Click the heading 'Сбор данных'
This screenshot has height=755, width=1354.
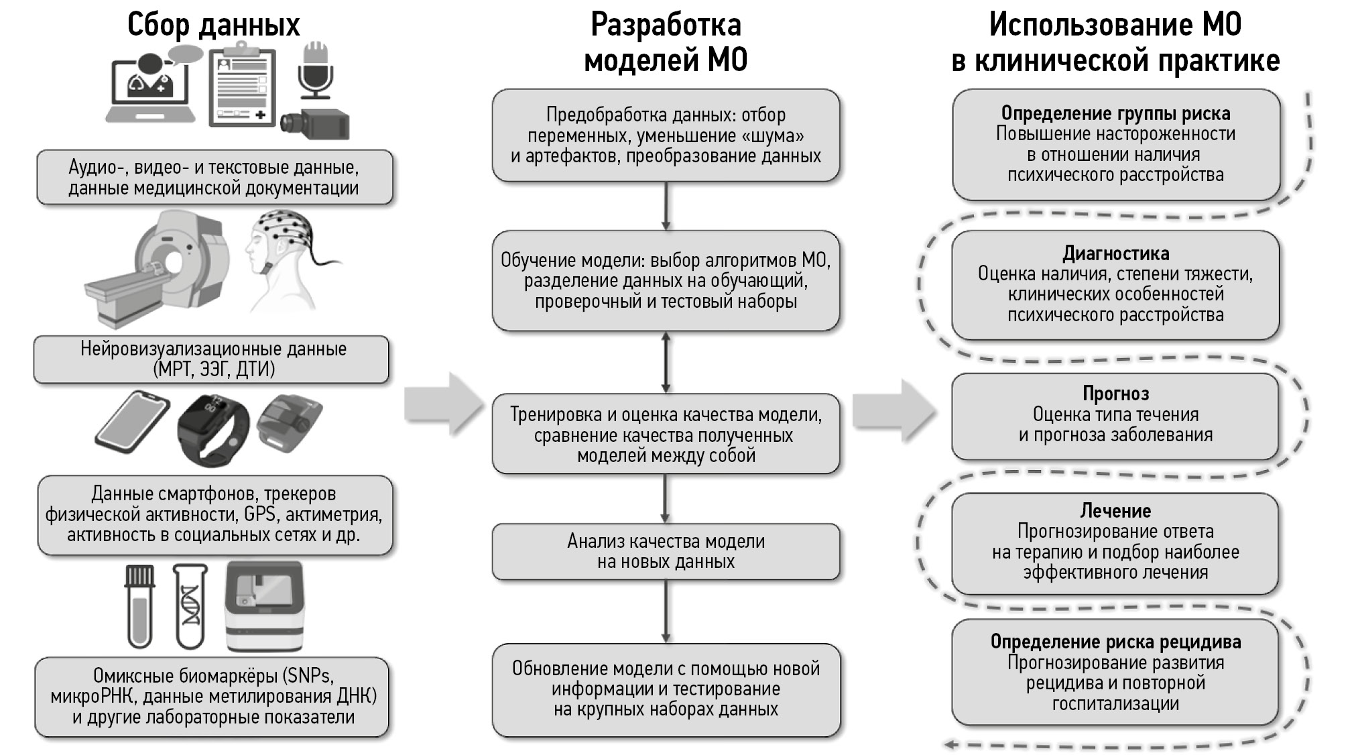[x=213, y=25]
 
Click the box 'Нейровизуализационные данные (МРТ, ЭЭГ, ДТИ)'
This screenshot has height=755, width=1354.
[x=212, y=359]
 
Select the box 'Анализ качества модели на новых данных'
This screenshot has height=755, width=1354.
[x=666, y=551]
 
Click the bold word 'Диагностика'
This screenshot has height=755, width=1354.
[x=1115, y=253]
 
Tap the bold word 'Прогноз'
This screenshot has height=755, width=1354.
[x=1115, y=394]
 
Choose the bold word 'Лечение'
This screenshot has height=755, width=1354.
[x=1115, y=511]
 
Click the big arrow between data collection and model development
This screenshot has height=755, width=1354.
[x=444, y=405]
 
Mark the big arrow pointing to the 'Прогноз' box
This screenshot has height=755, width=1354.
[x=894, y=410]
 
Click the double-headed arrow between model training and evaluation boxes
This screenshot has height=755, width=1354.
[x=666, y=362]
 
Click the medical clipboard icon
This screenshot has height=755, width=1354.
[x=241, y=87]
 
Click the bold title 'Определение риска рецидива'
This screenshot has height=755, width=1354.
[x=1115, y=642]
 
